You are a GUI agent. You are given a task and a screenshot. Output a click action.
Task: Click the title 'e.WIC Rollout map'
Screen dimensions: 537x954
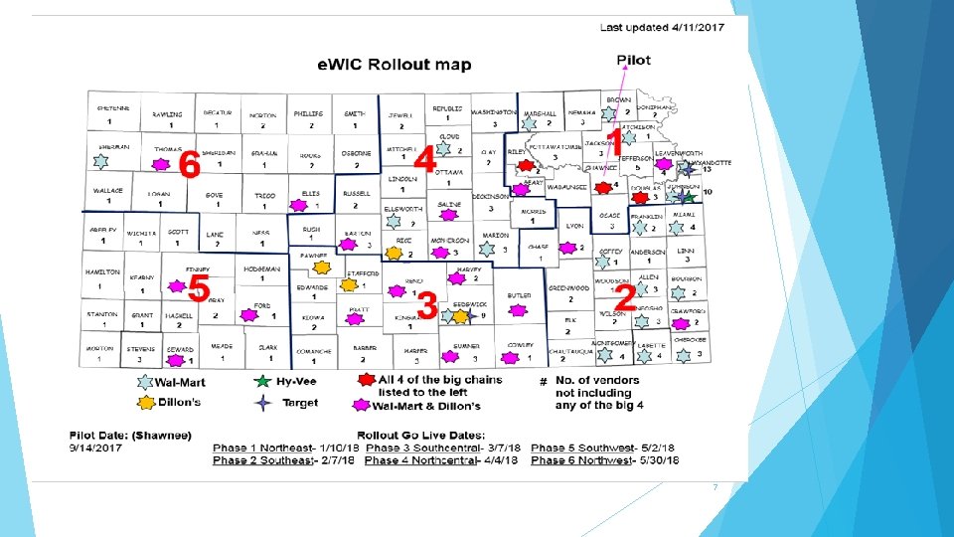395,66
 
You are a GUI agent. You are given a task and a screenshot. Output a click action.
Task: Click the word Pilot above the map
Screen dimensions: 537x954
633,60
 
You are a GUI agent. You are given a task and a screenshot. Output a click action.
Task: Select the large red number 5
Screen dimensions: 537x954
199,289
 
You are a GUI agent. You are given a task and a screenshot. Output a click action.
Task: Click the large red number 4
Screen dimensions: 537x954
425,159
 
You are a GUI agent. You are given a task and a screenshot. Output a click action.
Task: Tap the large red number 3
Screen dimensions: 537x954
427,305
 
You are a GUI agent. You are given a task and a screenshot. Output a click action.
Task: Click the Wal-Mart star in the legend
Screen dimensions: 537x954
146,382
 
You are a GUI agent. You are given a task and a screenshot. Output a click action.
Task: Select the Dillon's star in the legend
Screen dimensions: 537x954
146,403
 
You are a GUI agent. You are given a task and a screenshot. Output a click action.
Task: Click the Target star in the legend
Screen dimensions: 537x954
261,403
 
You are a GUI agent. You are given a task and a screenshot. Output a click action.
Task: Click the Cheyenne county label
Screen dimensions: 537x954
112,107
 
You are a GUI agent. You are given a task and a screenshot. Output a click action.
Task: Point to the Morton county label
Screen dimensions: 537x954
98,348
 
